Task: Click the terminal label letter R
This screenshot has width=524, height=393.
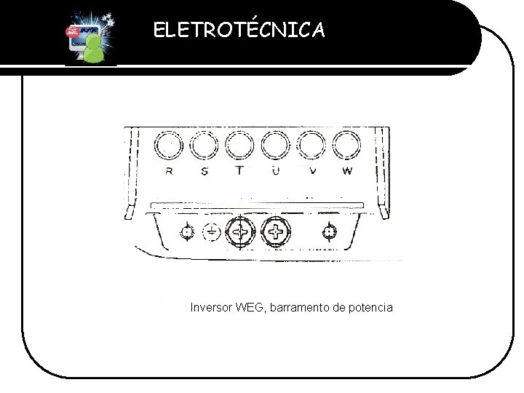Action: click(x=170, y=172)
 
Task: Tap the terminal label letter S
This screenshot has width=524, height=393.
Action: click(x=204, y=172)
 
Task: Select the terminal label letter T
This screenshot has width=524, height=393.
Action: click(x=239, y=172)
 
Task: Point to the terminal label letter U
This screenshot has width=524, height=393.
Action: click(x=275, y=172)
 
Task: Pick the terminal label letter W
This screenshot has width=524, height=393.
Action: click(x=346, y=172)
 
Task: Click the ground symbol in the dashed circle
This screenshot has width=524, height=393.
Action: click(x=211, y=232)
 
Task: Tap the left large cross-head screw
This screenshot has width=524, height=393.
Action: click(x=240, y=233)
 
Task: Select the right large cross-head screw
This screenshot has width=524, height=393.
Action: click(x=275, y=233)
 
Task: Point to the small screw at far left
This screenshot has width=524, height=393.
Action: click(x=187, y=232)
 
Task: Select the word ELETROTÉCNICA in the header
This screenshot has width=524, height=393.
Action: click(x=239, y=30)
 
